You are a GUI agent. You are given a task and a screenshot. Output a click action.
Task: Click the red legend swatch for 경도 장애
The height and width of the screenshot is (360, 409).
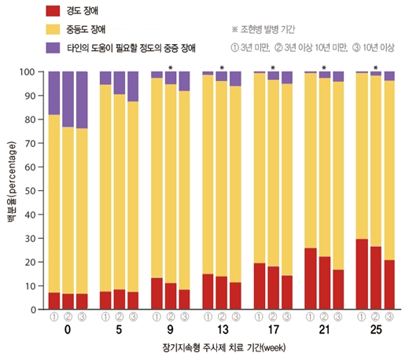click(x=53, y=11)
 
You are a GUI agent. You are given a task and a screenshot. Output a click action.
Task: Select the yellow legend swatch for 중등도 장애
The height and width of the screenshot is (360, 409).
click(x=53, y=29)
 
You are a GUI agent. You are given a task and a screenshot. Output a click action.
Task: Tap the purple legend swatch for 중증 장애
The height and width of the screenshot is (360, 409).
click(x=53, y=48)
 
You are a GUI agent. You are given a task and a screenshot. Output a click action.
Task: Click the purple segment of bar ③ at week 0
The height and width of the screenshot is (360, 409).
click(x=82, y=99)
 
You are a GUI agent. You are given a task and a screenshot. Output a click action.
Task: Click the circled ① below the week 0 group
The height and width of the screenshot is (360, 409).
click(x=54, y=316)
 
